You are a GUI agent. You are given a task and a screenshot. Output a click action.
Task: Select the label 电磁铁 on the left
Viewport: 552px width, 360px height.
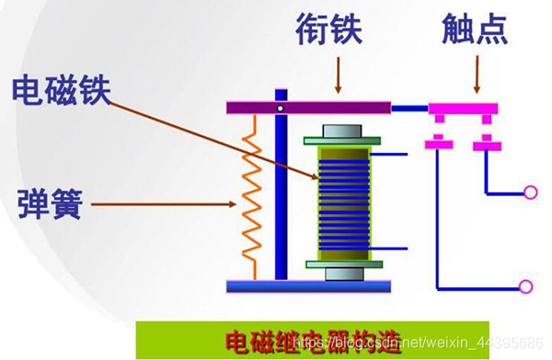point(61,91)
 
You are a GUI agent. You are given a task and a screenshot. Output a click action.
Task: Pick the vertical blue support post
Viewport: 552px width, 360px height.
point(281,193)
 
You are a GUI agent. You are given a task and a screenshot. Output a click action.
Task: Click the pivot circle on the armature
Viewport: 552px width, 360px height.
point(281,110)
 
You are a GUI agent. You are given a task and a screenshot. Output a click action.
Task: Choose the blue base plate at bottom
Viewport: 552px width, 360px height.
point(308,286)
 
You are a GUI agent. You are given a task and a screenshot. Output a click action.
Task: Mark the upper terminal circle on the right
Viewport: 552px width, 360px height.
point(530,192)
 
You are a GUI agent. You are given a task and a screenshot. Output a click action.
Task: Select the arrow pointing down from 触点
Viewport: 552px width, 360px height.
point(477,75)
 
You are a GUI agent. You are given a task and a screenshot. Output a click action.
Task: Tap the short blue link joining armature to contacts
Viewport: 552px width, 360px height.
point(409,109)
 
